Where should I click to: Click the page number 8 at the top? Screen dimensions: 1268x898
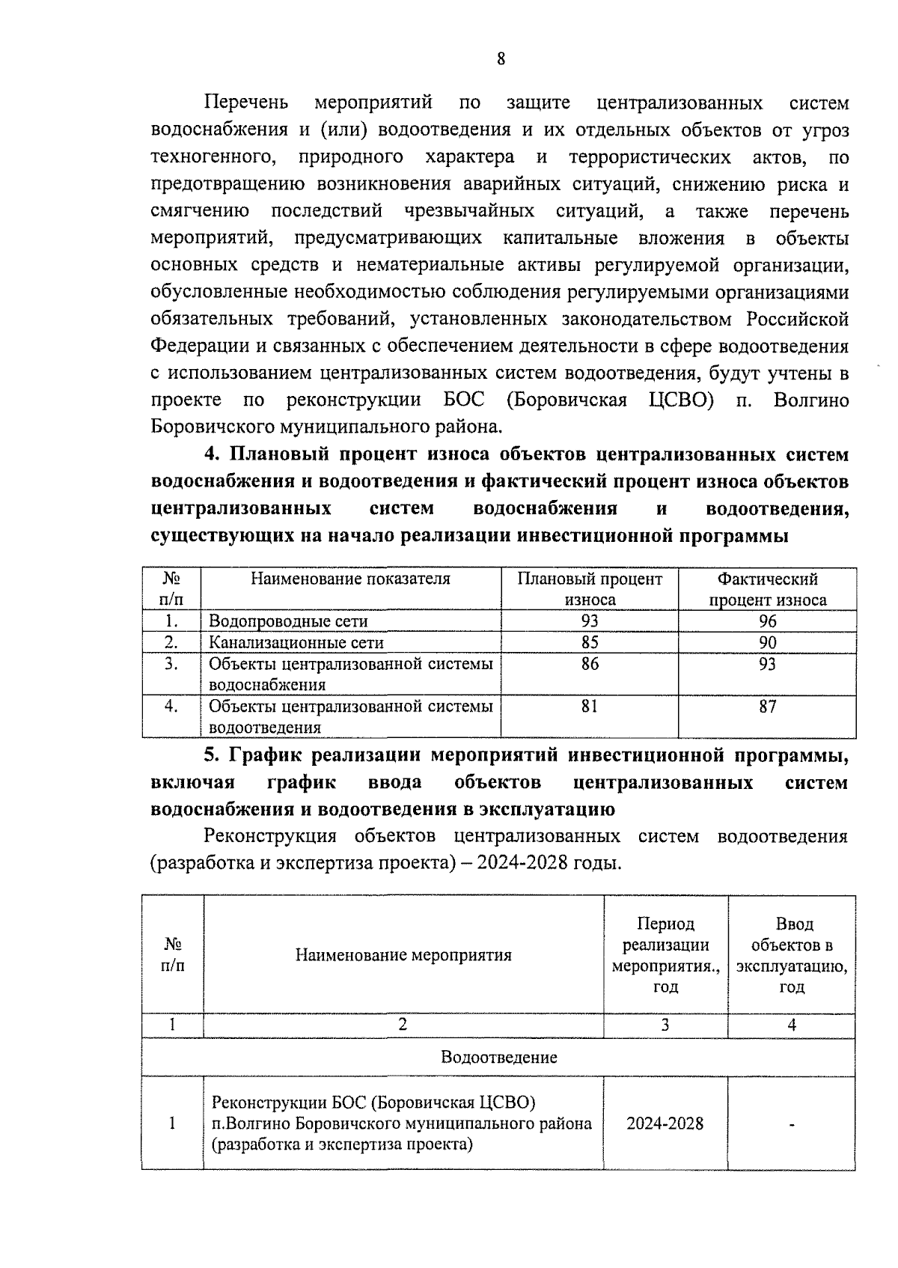click(501, 59)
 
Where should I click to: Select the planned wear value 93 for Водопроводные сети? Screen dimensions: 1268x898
click(590, 621)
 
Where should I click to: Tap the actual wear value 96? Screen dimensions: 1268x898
click(768, 621)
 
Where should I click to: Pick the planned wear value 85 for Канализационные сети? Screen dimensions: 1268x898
click(590, 642)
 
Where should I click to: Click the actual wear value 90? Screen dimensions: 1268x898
click(768, 642)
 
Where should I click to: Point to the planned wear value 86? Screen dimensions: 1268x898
click(590, 664)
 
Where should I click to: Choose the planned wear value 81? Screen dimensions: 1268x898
click(590, 706)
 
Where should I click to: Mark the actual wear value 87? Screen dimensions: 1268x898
click(768, 706)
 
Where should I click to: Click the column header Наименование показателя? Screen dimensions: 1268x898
click(350, 579)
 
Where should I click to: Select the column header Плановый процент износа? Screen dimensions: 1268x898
click(590, 589)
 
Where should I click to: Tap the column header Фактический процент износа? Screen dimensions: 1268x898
click(768, 589)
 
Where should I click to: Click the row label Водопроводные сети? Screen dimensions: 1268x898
click(288, 621)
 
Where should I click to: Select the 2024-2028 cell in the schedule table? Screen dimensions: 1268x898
click(665, 1123)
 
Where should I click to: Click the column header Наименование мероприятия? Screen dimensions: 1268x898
click(403, 954)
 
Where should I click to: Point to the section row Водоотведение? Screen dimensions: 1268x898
click(499, 1057)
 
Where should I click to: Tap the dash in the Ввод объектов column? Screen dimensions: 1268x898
click(792, 1124)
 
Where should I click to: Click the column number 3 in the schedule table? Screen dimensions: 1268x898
click(665, 1025)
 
